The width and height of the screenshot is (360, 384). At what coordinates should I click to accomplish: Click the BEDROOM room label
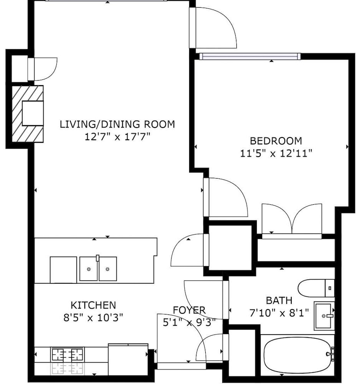coord(276,141)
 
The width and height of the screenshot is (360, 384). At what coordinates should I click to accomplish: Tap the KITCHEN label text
coord(93,305)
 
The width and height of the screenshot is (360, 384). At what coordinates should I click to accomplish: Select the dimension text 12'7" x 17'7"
coord(117,137)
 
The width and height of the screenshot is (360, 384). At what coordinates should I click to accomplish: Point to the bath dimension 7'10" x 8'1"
coord(279,313)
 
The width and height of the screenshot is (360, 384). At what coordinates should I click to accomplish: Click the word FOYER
coord(189,310)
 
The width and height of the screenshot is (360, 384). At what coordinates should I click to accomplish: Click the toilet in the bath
coord(316,288)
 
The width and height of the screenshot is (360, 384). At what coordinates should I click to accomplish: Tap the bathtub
coord(297,354)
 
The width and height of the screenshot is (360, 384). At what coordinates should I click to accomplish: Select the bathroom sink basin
coord(324,316)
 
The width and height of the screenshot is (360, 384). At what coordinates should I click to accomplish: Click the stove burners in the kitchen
coord(68,354)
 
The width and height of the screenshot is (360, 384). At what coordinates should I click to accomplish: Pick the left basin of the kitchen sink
coord(89,269)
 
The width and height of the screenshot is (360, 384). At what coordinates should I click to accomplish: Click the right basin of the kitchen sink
coord(108,269)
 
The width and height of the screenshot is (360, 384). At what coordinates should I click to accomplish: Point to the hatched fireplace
coord(28,114)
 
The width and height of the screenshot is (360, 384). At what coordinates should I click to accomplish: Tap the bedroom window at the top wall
coord(250,56)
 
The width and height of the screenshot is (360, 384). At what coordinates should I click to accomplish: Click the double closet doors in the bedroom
coord(292,219)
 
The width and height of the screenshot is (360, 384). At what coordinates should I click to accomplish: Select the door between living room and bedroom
coord(225,197)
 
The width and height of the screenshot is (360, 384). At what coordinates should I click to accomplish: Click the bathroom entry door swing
coord(206,300)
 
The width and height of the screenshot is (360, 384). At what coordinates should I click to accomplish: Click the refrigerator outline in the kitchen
coord(128,359)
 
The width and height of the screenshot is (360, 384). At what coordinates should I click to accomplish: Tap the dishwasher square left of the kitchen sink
coord(63,270)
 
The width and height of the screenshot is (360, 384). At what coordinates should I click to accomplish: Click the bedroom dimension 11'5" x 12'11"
coord(276,154)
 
